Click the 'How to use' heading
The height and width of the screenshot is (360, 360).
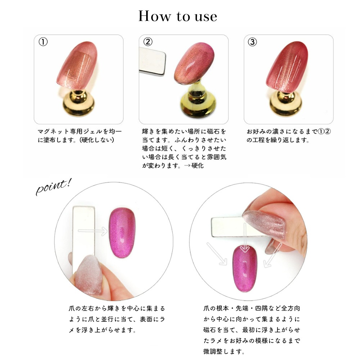pyautogui.click(x=178, y=16)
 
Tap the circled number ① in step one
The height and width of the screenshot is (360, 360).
pyautogui.click(x=43, y=42)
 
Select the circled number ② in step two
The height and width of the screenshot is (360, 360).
pyautogui.click(x=148, y=42)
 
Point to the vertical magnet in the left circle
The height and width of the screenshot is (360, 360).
pyautogui.click(x=84, y=234)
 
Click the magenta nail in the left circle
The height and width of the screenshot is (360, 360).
pyautogui.click(x=122, y=232)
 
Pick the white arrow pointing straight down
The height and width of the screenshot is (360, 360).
pyautogui.click(x=245, y=238)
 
